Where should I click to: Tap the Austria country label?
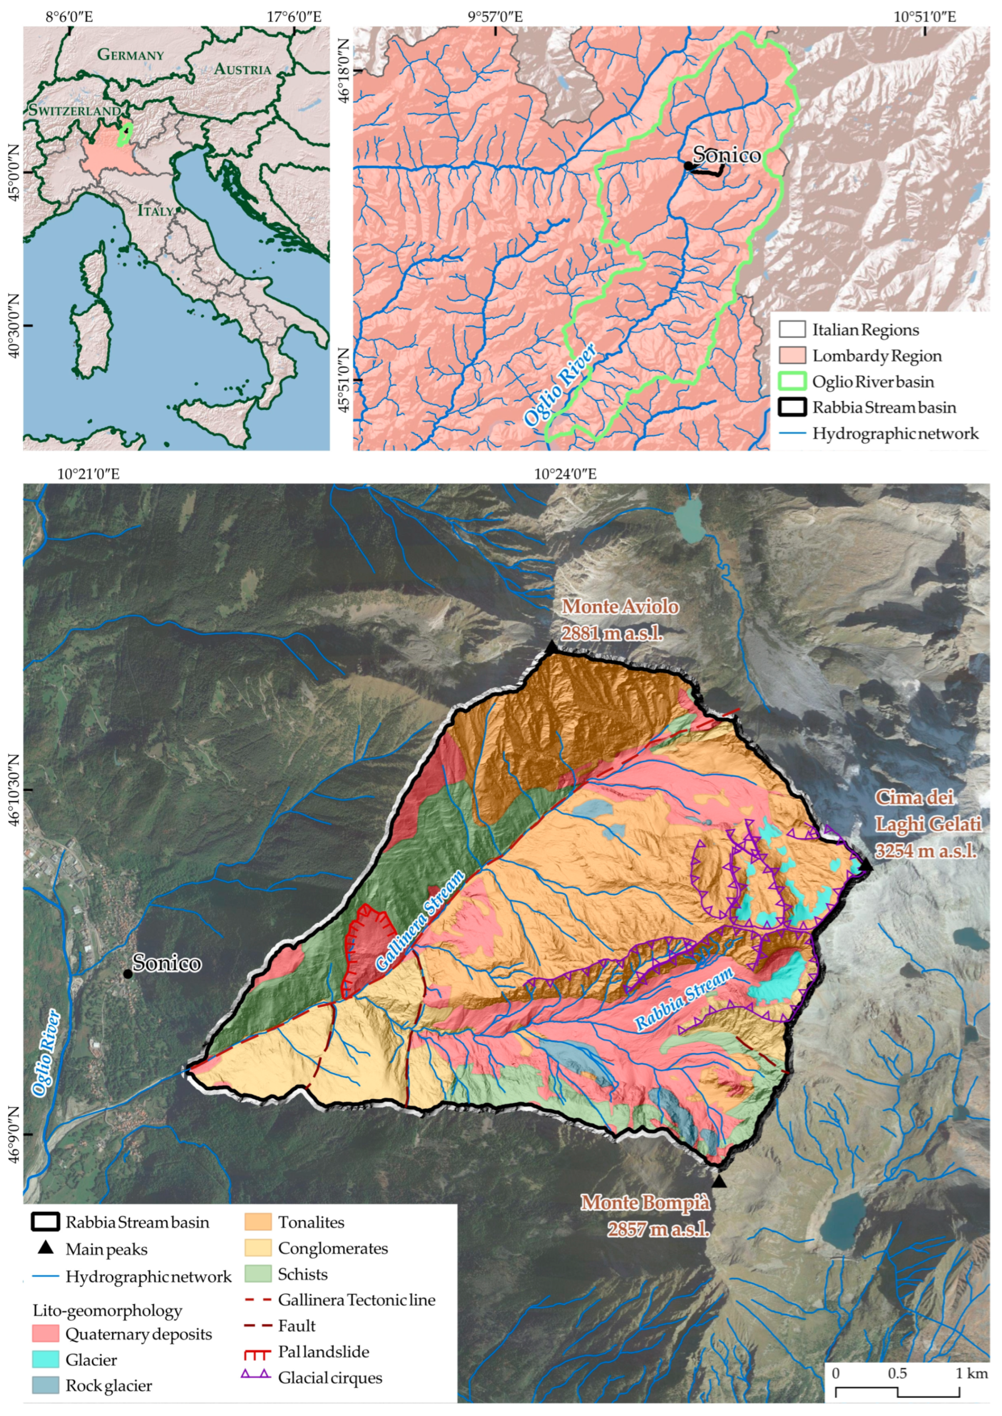click(242, 69)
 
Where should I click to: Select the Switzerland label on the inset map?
click(74, 110)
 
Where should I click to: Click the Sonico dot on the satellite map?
click(128, 974)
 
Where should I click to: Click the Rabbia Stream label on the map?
click(684, 998)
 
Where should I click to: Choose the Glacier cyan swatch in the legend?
click(45, 1359)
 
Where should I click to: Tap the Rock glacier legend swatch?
click(45, 1385)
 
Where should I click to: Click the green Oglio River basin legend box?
click(792, 381)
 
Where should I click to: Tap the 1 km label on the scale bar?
click(972, 1373)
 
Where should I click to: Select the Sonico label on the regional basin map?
click(726, 155)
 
